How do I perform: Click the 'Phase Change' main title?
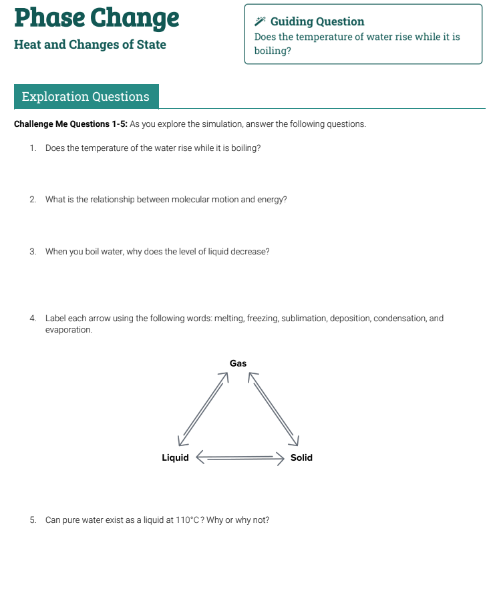click(97, 18)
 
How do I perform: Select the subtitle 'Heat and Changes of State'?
click(90, 45)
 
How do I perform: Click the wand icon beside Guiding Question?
click(260, 21)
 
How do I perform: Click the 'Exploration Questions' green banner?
click(86, 96)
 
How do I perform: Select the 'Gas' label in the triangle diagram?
click(238, 363)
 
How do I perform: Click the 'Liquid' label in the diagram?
click(175, 457)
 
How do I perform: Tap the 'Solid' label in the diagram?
click(301, 457)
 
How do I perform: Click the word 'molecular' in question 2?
click(154, 199)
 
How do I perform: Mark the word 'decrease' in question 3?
click(251, 252)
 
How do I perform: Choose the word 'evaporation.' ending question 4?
click(69, 330)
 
